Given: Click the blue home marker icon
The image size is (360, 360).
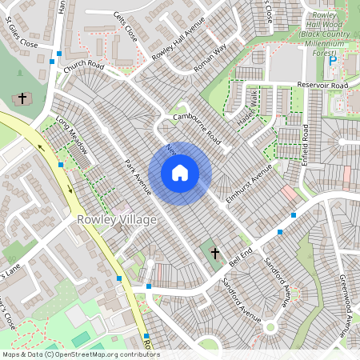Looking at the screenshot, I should click(x=180, y=173).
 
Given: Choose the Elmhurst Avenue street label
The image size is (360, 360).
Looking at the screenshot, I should click(x=249, y=178).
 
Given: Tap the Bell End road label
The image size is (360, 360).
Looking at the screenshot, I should click(x=241, y=257).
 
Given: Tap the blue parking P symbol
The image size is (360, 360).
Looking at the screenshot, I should click(x=333, y=60).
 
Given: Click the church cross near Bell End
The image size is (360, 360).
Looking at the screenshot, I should click(x=214, y=253).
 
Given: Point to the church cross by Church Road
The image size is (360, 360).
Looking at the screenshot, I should click(x=22, y=99).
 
